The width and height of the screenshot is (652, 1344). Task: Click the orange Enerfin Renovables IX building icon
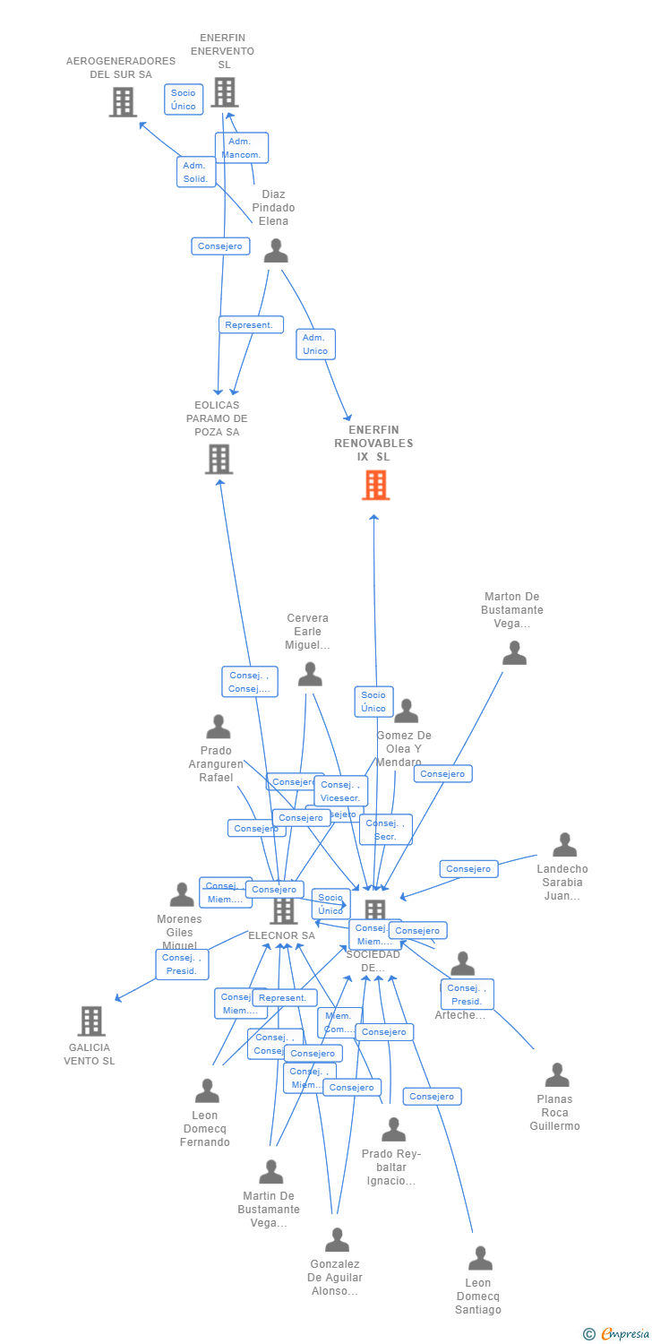tap(376, 486)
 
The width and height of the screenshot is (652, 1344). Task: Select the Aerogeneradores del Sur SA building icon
tap(123, 102)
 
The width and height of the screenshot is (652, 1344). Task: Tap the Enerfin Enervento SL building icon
tap(224, 92)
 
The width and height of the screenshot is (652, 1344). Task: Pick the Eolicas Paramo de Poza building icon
tap(219, 459)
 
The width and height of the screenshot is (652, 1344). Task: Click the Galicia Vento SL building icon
tap(90, 1021)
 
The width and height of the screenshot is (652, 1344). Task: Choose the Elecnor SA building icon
tap(283, 910)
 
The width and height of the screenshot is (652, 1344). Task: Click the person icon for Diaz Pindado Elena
tap(276, 251)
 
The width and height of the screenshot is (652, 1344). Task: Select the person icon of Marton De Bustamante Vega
tap(514, 653)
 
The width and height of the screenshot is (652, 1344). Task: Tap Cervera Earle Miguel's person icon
tap(310, 674)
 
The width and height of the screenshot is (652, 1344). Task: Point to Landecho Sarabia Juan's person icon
tap(564, 845)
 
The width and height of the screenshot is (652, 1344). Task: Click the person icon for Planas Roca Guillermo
tap(557, 1075)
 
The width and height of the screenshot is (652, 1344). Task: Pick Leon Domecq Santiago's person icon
tap(480, 1258)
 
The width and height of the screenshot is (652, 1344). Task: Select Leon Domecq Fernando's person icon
tap(207, 1090)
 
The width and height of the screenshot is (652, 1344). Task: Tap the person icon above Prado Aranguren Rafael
tap(219, 727)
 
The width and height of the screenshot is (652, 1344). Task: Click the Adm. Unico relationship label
tap(315, 344)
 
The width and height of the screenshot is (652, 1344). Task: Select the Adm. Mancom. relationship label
tap(241, 148)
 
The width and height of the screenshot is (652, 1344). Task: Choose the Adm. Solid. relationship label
tap(195, 172)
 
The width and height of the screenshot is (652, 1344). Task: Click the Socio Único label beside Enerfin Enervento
tap(184, 99)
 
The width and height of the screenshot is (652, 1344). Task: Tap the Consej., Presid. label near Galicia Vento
tap(182, 964)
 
